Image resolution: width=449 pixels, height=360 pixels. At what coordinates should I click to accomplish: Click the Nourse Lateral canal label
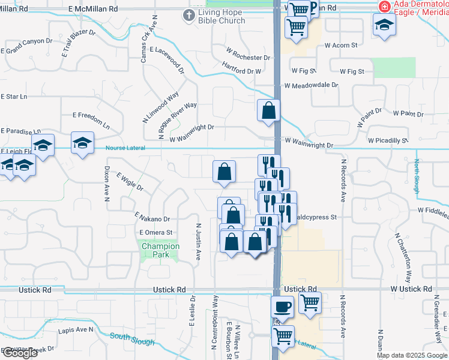pyautogui.click(x=125, y=149)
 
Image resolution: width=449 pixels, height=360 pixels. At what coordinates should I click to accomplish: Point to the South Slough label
pyautogui.click(x=131, y=339)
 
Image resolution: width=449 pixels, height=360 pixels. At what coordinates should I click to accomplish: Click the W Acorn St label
pyautogui.click(x=340, y=45)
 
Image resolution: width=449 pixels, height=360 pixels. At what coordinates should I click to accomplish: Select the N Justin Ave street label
pyautogui.click(x=197, y=242)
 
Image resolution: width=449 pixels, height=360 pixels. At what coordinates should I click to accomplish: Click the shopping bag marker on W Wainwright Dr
pyautogui.click(x=268, y=111)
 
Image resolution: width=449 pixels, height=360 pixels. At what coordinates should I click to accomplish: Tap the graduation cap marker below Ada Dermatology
pyautogui.click(x=384, y=25)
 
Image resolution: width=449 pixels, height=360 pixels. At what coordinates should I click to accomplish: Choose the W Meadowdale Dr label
pyautogui.click(x=312, y=86)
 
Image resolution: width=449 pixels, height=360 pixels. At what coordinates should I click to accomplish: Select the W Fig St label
pyautogui.click(x=352, y=71)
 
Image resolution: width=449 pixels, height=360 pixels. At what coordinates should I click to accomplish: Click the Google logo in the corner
pyautogui.click(x=19, y=353)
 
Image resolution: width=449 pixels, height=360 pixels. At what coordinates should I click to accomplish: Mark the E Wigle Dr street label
pyautogui.click(x=130, y=182)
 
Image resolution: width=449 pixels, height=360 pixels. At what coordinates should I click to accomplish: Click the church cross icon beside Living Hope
pyautogui.click(x=189, y=15)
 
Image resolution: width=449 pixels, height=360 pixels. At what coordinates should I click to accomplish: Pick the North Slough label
pyautogui.click(x=417, y=175)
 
